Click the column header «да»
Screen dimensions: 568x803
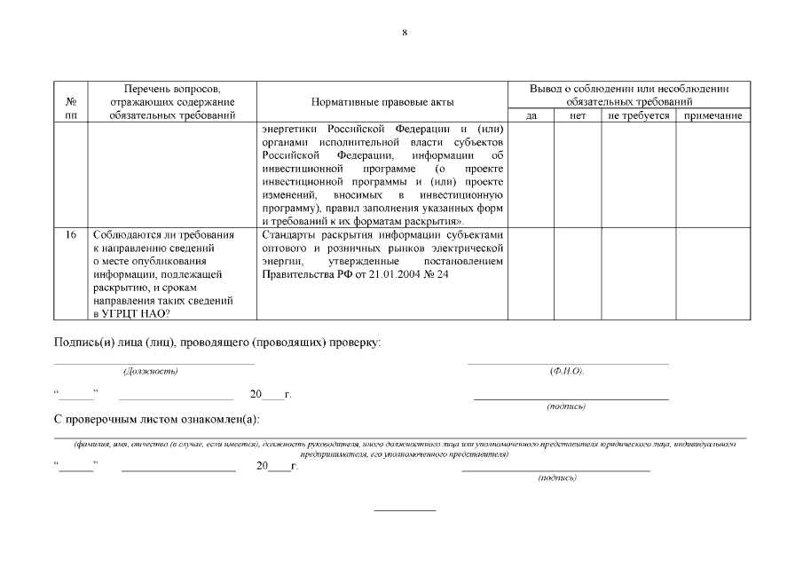click(531, 115)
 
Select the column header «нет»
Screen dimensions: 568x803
click(578, 115)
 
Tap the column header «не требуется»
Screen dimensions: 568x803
click(638, 115)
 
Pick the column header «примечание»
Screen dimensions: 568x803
click(712, 115)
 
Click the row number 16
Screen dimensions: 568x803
click(71, 235)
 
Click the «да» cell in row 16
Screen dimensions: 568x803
click(531, 272)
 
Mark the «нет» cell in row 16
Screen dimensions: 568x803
click(578, 272)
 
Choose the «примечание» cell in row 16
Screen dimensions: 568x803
click(712, 272)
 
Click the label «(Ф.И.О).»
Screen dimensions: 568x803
click(567, 371)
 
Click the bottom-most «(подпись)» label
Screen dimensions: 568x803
click(557, 477)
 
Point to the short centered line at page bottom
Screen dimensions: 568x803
click(405, 510)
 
